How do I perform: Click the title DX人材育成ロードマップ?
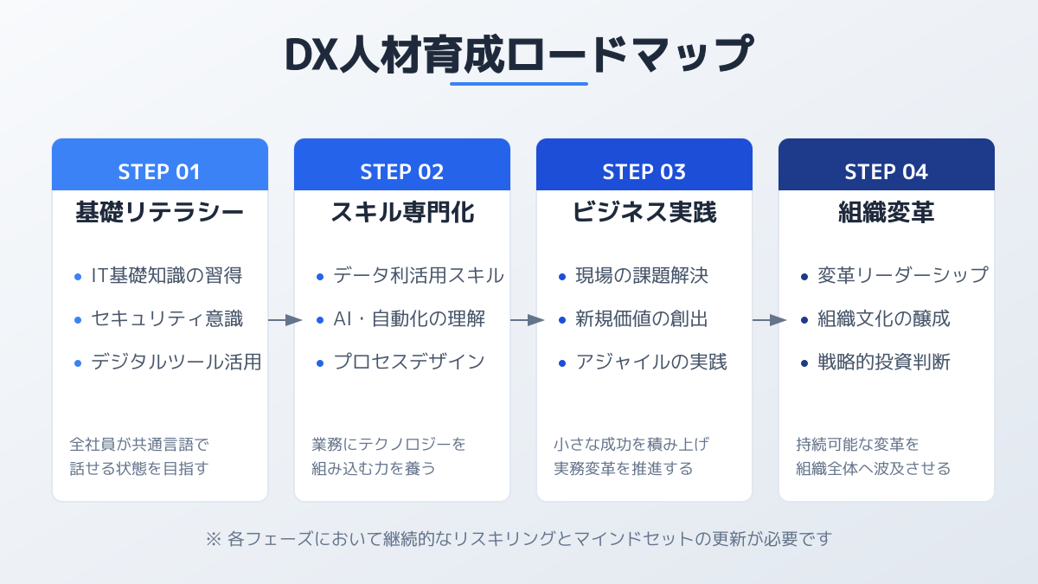[x=519, y=55]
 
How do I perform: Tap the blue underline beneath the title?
[x=519, y=84]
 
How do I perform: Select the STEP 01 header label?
[x=159, y=172]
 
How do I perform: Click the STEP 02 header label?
[x=401, y=172]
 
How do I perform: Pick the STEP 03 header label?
[x=644, y=172]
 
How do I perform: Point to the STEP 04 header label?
[x=886, y=172]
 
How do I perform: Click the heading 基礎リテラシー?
[x=159, y=213]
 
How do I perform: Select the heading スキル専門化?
[x=402, y=213]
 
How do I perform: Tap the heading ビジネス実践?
[x=644, y=213]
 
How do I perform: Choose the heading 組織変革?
[x=887, y=213]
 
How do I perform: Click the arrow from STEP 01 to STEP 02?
[x=285, y=320]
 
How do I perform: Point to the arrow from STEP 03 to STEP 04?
[x=769, y=320]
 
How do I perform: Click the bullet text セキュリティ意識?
[x=167, y=319]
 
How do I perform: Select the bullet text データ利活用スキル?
[x=419, y=275]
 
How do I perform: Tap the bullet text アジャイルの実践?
[x=651, y=362]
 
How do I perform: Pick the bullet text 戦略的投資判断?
[x=884, y=362]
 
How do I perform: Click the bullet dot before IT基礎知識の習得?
[x=78, y=277]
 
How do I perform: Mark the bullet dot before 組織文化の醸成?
[x=804, y=320]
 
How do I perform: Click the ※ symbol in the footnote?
[x=214, y=539]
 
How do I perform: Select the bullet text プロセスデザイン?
[x=409, y=362]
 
